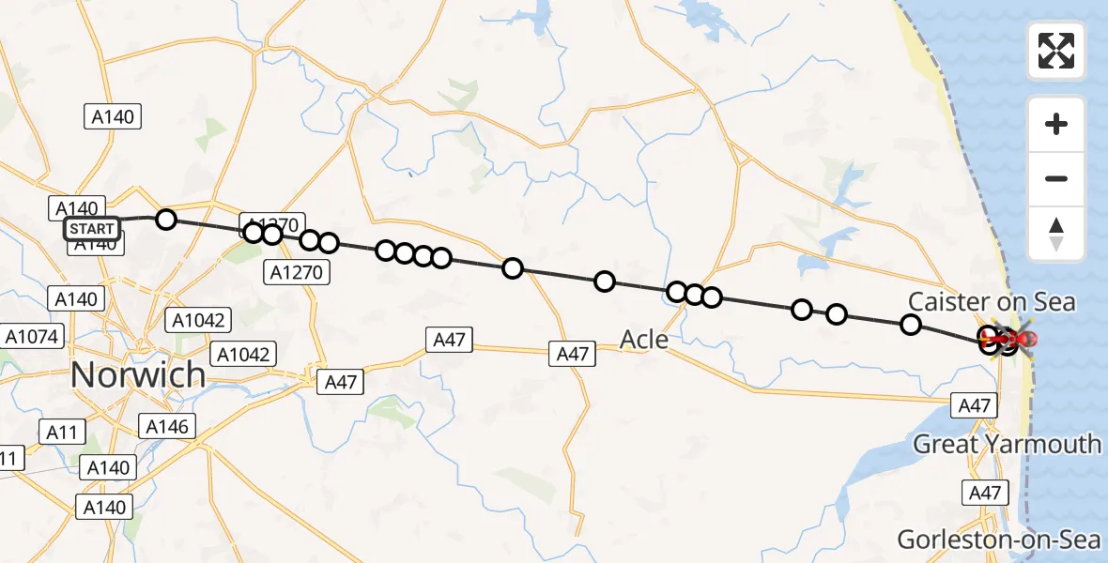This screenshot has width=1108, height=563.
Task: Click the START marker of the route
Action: click(92, 228)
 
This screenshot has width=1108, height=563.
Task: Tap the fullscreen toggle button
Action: click(1056, 51)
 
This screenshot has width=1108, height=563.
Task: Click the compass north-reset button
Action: click(1056, 234)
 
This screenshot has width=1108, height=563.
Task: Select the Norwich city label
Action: click(137, 375)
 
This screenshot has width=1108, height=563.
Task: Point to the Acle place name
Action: click(645, 339)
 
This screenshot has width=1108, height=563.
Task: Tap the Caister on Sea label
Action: click(992, 302)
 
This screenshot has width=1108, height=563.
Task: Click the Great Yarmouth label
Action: click(1007, 443)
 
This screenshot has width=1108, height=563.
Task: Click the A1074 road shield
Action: click(32, 336)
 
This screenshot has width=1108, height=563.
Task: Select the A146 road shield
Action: click(167, 427)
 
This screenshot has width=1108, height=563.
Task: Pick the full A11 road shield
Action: click(62, 433)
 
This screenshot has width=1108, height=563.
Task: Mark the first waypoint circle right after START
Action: click(165, 220)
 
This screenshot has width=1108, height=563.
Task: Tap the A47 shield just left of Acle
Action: click(573, 354)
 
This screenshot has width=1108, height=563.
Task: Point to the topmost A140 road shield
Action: click(114, 117)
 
